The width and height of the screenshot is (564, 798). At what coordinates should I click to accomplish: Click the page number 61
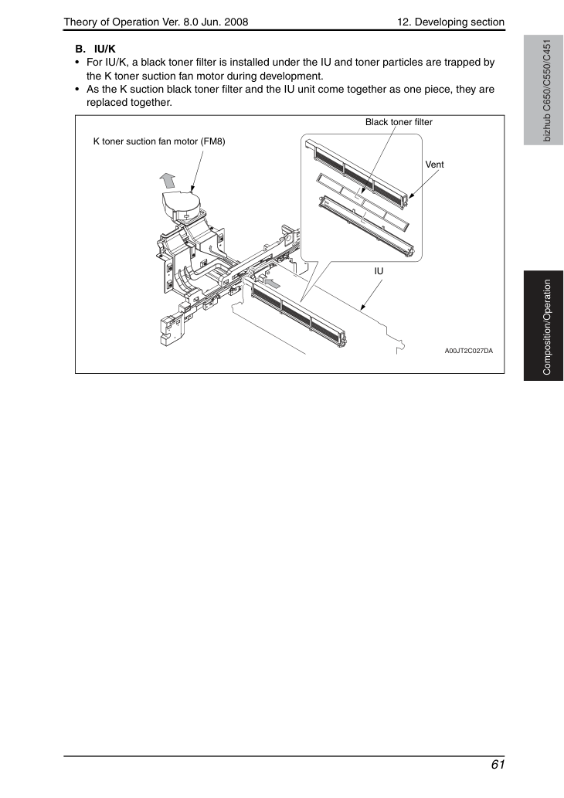click(498, 765)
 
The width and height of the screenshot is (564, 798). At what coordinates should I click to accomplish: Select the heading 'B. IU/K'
click(95, 49)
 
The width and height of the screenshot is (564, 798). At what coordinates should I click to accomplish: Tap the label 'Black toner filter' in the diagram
click(399, 122)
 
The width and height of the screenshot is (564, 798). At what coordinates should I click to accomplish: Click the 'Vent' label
click(434, 165)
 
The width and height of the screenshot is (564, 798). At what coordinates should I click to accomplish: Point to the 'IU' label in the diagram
click(379, 271)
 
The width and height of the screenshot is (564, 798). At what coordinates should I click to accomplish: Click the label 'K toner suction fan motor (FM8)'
click(159, 141)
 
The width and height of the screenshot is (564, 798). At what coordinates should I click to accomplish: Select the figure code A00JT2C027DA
click(469, 351)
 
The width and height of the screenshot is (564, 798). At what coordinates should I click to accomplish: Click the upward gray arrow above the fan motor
click(167, 181)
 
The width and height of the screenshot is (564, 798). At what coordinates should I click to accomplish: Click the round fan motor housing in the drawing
click(181, 204)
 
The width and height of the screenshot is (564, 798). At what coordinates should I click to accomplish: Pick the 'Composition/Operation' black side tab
click(543, 326)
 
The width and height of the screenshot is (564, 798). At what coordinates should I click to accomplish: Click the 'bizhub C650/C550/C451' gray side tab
click(543, 90)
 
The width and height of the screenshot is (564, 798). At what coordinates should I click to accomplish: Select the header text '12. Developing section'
click(450, 22)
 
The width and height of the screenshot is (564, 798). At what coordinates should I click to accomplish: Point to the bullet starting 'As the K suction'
click(290, 96)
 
